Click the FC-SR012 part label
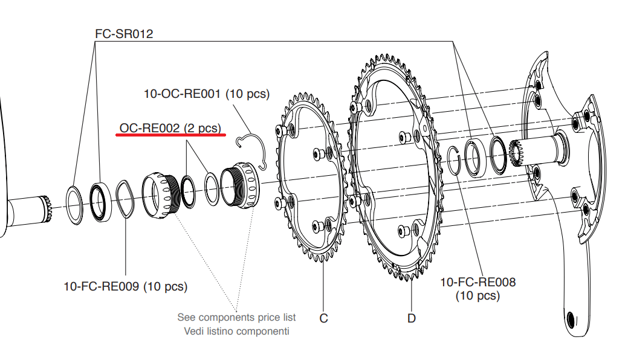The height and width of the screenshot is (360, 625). (124, 34)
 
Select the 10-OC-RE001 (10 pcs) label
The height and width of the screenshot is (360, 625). (206, 94)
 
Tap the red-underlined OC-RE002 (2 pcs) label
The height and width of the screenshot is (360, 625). (170, 127)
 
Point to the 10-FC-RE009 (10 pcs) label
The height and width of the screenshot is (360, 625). (126, 286)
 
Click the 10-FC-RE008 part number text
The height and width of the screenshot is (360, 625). (478, 282)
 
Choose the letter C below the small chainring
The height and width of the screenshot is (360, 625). (324, 318)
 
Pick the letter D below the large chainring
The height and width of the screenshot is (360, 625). (412, 318)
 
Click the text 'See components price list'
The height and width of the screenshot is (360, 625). (236, 317)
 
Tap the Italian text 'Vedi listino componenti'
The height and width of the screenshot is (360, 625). (236, 331)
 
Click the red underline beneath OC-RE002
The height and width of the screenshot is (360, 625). (170, 135)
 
